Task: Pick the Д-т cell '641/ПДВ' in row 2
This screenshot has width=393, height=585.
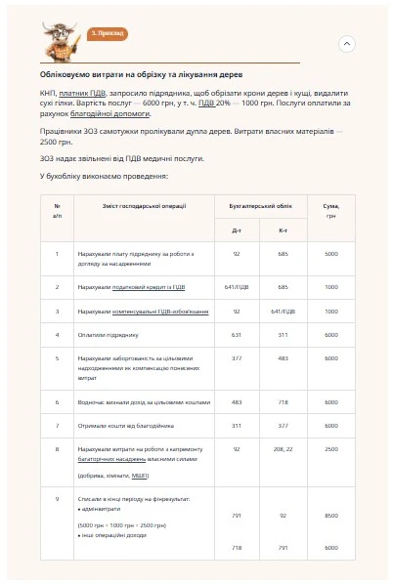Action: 237,287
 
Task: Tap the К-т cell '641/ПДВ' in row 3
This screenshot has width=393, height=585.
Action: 283,312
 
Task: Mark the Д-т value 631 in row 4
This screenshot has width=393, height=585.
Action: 237,335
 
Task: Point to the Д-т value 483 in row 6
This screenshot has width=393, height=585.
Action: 237,400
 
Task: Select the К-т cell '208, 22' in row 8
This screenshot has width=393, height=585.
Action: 283,448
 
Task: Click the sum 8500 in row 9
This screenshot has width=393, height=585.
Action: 330,515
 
